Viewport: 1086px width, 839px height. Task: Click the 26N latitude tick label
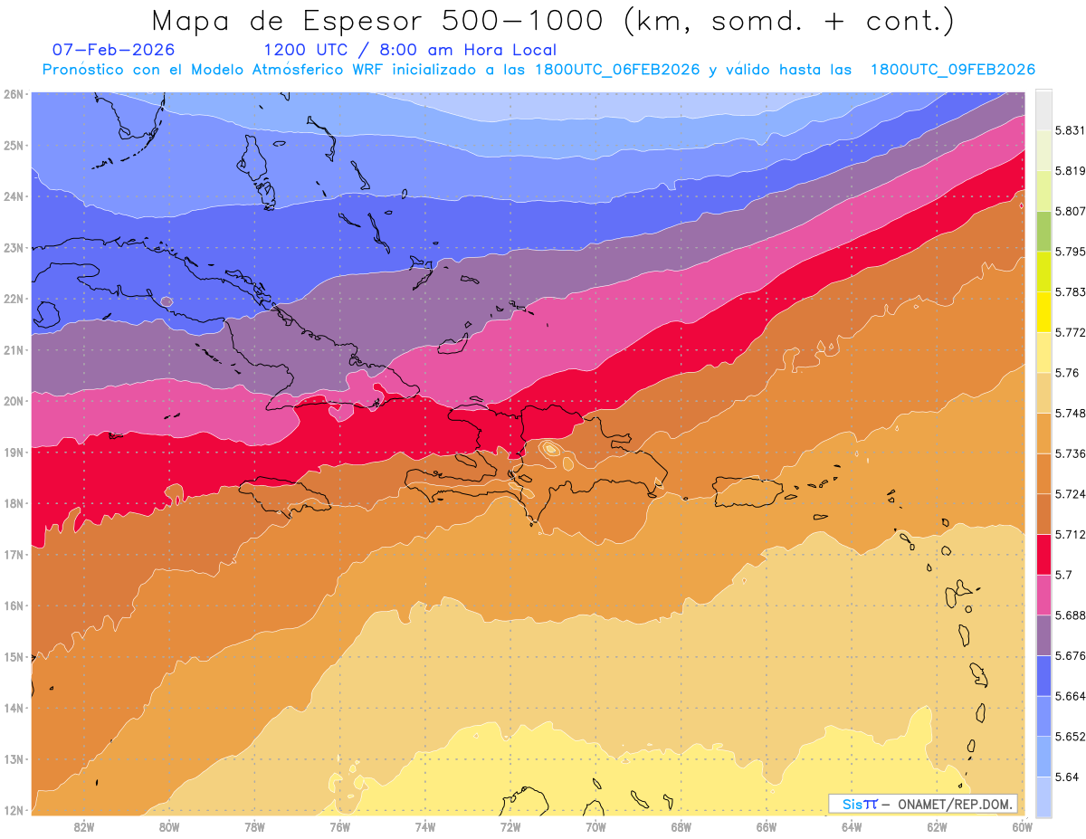pyautogui.click(x=14, y=93)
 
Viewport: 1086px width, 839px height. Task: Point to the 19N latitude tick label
pyautogui.click(x=14, y=452)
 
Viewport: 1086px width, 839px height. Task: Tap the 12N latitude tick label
pyautogui.click(x=14, y=810)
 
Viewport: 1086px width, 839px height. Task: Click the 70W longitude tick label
pyautogui.click(x=595, y=826)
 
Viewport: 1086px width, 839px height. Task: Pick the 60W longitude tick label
pyautogui.click(x=1023, y=826)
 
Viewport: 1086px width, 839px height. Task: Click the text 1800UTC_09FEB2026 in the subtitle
pyautogui.click(x=952, y=70)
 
